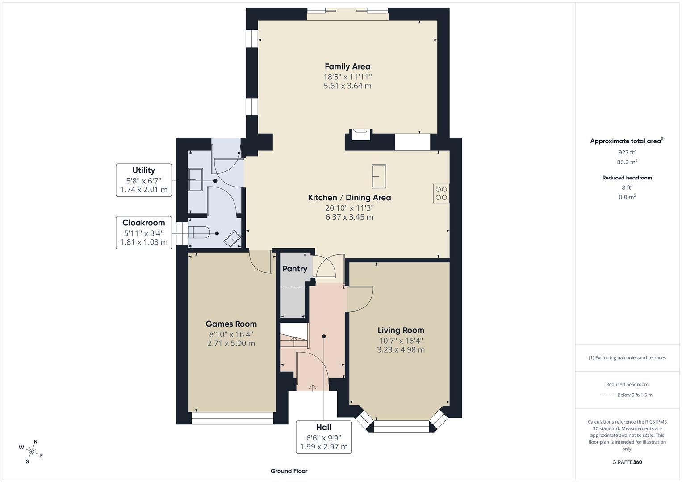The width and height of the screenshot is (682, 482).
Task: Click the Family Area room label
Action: coord(347,66)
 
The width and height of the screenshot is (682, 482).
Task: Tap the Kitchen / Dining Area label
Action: coord(349,198)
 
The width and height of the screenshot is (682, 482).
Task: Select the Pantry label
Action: coord(295,269)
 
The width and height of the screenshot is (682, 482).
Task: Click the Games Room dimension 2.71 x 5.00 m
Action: coord(231,343)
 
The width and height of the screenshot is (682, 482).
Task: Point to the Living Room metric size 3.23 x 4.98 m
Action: coord(401,349)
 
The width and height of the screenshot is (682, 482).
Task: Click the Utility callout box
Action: coord(144,179)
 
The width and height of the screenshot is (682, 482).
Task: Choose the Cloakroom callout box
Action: coord(144,232)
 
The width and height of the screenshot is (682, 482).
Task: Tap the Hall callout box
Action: coord(323,436)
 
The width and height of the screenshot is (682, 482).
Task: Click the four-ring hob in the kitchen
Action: coord(441,193)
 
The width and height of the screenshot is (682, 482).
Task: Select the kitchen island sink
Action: coord(379,176)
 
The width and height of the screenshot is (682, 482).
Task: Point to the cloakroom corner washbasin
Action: coord(232,239)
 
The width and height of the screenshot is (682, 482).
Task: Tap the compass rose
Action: coord(31,451)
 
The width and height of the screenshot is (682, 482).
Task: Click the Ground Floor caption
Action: coord(289,471)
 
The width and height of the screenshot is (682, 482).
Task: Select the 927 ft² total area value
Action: coord(627,152)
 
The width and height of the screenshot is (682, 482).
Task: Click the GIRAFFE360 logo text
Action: coord(627,462)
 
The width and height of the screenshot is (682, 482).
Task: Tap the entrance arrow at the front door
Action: coord(312,387)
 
